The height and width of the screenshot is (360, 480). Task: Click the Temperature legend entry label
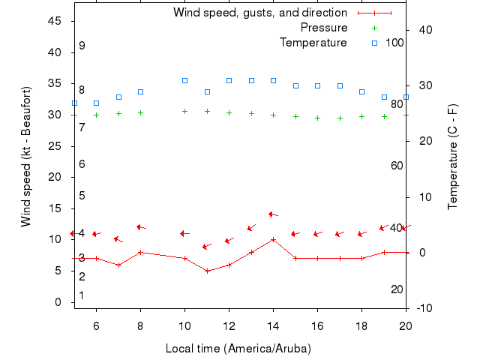pos(313,43)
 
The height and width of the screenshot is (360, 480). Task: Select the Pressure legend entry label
pos(323,28)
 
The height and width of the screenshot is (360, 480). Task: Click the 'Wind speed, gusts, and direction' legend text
pos(259,13)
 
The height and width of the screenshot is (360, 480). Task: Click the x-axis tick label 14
pos(273,325)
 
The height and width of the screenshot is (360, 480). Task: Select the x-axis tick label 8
pos(140,325)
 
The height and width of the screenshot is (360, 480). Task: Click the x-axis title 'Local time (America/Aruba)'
pos(238,349)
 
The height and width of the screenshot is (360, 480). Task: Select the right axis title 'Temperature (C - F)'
pos(453,157)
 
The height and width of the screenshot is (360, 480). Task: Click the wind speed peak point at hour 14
pos(273,239)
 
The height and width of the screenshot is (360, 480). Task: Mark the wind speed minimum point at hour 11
pos(207,271)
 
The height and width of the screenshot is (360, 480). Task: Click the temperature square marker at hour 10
pos(184,80)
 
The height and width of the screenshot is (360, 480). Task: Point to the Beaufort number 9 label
pos(82,46)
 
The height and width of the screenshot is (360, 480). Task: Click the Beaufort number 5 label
pos(82,196)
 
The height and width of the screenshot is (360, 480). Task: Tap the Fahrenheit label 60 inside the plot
pos(397,166)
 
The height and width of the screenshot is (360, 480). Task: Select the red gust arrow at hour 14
pos(273,214)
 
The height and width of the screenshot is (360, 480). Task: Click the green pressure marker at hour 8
pos(140,112)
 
